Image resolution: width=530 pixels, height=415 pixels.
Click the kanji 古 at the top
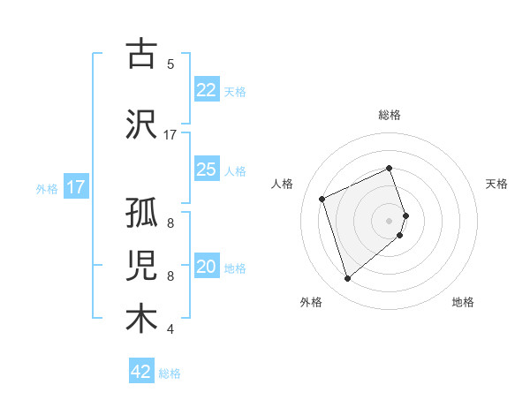(x=141, y=55)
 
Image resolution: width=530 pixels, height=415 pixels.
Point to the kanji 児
(x=141, y=268)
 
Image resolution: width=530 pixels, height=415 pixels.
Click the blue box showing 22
(x=206, y=90)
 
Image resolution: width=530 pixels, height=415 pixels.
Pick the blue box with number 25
(x=206, y=170)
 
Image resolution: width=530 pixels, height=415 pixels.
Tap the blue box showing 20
(x=206, y=268)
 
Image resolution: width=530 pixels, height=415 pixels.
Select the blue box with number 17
(x=75, y=187)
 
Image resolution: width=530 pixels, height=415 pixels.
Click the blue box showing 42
(x=141, y=372)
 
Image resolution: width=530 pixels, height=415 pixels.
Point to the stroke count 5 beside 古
(x=170, y=64)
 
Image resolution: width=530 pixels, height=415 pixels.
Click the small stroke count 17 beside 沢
(x=170, y=135)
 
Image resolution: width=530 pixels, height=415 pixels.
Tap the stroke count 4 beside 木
(x=170, y=330)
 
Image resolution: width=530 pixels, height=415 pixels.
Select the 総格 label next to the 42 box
(x=170, y=373)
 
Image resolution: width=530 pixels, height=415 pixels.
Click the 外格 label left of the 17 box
(x=46, y=188)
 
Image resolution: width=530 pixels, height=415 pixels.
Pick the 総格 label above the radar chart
(x=390, y=115)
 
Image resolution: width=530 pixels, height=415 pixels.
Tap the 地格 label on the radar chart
(x=463, y=302)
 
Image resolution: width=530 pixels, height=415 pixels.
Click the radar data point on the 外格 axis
(x=348, y=279)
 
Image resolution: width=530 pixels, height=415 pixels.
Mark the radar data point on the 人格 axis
(x=323, y=198)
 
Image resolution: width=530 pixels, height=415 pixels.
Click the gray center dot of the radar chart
(x=390, y=220)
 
